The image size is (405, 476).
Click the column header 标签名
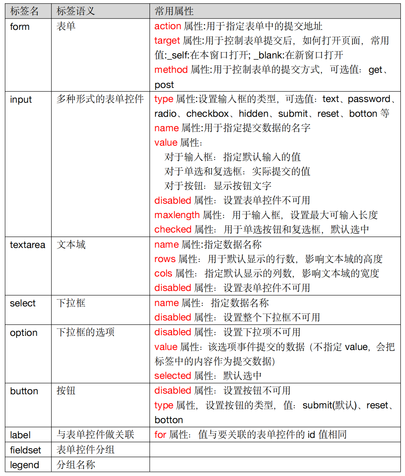click(24, 11)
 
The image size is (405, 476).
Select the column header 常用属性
click(174, 11)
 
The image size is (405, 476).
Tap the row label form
click(20, 27)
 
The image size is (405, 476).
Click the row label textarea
click(27, 245)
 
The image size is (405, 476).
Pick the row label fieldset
click(25, 450)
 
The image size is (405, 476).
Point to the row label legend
click(24, 465)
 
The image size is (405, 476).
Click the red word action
click(167, 26)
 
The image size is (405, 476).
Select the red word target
click(167, 41)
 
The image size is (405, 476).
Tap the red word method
click(171, 70)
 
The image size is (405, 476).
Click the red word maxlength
click(177, 215)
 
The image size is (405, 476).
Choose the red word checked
click(173, 229)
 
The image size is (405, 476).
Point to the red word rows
click(165, 259)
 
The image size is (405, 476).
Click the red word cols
click(163, 273)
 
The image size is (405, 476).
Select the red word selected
click(172, 376)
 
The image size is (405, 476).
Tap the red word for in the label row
click(160, 435)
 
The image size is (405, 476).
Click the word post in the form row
click(164, 85)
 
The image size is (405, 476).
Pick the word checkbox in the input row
click(208, 114)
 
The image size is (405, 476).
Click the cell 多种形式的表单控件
click(100, 99)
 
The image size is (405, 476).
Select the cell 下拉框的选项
click(85, 332)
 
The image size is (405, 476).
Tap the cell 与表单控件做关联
click(95, 435)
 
